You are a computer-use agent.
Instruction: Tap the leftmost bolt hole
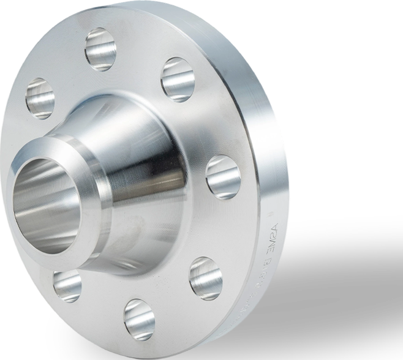(x=40, y=98)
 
